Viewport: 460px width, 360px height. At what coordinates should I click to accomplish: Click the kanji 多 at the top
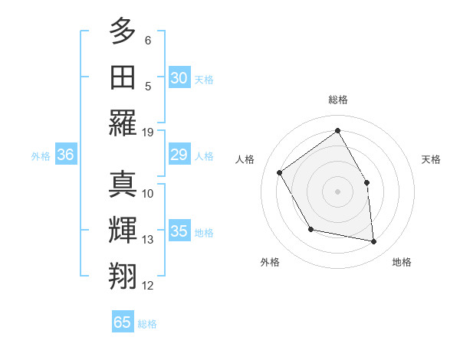point(123,31)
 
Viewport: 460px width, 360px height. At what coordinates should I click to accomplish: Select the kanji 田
point(123,78)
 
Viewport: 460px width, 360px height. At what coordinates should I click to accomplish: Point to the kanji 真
point(123,186)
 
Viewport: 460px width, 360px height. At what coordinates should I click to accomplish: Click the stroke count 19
point(148,132)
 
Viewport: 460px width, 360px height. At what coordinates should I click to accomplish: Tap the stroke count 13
point(148,240)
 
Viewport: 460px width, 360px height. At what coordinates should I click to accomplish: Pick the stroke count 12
point(148,286)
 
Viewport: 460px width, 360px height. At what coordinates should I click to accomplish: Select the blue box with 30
point(179,78)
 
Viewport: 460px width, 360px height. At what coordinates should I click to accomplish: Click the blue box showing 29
point(179,155)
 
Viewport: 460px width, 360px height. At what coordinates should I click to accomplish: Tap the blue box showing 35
point(179,232)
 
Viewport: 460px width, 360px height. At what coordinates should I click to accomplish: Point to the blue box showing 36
point(65,155)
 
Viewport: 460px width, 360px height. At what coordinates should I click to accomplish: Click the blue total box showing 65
point(123,322)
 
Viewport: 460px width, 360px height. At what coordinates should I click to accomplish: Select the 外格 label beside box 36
point(41,156)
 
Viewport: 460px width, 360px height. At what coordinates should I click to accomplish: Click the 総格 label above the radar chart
point(337,100)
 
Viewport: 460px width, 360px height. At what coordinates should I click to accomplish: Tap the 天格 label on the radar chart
point(431,159)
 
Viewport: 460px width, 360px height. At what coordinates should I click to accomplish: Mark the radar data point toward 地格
point(374,242)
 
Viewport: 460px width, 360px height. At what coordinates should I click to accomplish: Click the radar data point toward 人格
point(280,172)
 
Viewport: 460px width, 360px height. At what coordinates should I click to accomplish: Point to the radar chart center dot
point(337,191)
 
